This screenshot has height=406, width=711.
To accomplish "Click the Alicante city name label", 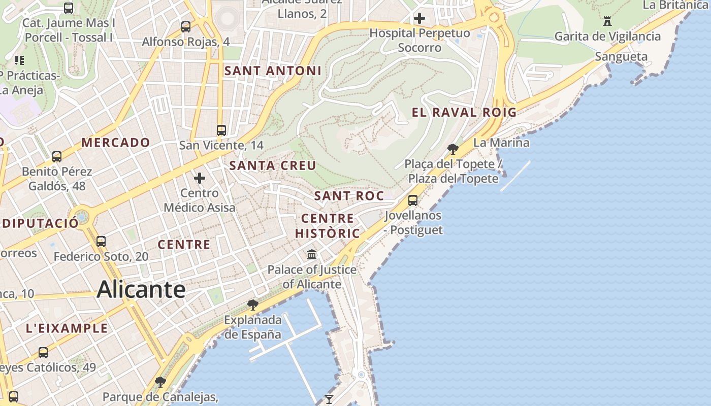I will coord(141,290).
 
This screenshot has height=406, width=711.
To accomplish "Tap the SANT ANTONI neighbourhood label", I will coord(273,71).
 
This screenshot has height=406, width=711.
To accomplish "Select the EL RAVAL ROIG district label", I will coord(464,113).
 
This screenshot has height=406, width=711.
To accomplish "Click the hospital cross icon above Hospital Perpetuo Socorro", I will coord(419,19).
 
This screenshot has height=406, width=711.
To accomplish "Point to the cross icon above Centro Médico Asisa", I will coord(200,178).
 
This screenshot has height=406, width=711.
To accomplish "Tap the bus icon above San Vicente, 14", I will coord(221,130).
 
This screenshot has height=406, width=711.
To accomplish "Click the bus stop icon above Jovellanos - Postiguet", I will coord(413,200).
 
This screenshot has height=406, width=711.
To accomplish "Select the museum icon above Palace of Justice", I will coord(312,254).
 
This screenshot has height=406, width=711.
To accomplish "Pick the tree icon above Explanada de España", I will coord(252,305).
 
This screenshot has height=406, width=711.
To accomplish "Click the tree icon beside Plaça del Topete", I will coord(453,149).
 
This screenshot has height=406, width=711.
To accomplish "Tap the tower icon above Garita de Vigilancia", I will coord(607,21).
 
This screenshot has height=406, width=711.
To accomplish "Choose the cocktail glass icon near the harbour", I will coord(329,399).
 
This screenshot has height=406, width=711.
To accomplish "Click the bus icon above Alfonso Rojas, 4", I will coord(186,26).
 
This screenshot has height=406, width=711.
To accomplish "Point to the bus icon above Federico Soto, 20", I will coord(101,242).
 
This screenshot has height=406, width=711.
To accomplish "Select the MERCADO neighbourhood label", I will coord(116,143).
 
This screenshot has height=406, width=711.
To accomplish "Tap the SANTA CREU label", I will coord(273,165).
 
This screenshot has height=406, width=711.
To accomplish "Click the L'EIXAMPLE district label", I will coord(67,328).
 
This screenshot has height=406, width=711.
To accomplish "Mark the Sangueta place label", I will coord(621,56).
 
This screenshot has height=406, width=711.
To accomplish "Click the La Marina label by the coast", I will coord(501,143).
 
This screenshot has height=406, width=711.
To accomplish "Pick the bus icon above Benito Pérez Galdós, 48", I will coord(57,157).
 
